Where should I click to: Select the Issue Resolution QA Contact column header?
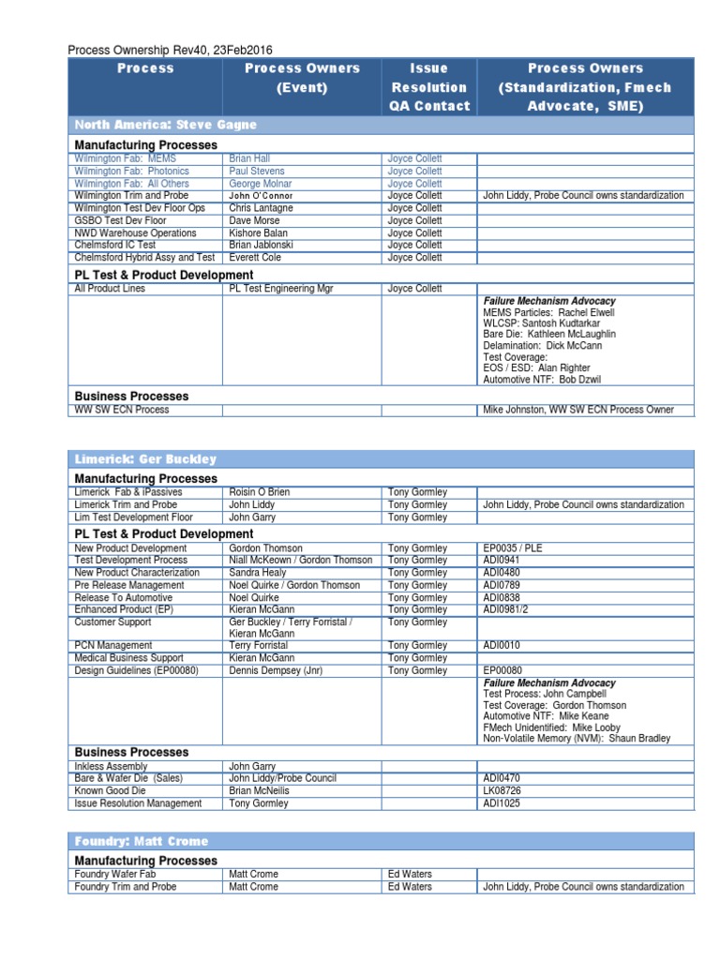429,87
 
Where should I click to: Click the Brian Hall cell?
249,159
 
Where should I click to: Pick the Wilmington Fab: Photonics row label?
131,172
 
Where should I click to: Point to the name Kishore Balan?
260,232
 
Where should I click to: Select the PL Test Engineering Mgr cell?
281,289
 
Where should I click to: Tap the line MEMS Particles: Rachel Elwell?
548,311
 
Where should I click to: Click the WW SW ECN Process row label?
122,410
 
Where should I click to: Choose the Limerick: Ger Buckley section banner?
145,459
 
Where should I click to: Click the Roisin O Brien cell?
261,492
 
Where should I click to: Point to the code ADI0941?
502,561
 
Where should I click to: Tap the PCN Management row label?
113,646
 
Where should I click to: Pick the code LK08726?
502,791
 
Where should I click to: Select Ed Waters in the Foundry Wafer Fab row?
410,875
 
